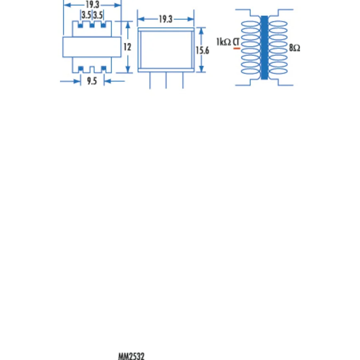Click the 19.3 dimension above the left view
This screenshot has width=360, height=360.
[92, 4]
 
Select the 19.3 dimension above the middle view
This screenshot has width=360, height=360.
[166, 19]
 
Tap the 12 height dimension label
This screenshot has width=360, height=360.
[127, 47]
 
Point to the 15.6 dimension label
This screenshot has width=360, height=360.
[202, 50]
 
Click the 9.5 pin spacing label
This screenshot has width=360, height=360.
[92, 81]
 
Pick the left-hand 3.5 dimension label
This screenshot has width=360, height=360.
[86, 15]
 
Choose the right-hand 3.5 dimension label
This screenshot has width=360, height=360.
[98, 15]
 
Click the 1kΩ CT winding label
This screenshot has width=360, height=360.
[228, 42]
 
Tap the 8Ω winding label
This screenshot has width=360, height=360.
[294, 48]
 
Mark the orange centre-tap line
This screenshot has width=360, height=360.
[237, 48]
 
